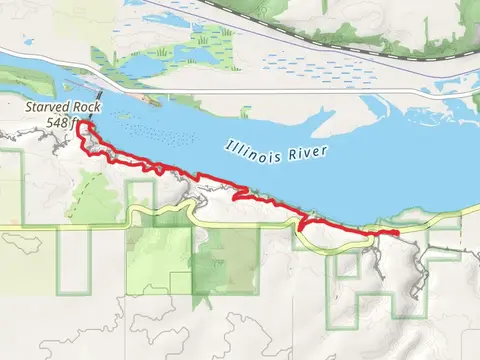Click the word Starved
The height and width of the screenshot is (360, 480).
(40, 104)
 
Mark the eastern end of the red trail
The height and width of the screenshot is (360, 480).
(397, 233)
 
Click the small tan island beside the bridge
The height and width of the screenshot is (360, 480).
(150, 100)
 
